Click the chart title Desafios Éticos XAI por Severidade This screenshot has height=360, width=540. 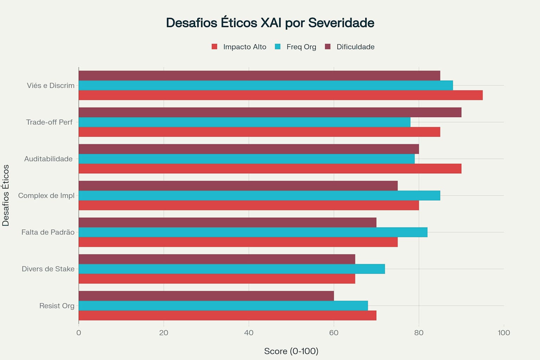coord(270,23)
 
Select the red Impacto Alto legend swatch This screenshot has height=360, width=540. coord(214,47)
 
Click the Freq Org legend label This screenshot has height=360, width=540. coord(301,47)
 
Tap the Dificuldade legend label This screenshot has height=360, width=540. coord(355,47)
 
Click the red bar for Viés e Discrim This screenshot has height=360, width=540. coord(280,95)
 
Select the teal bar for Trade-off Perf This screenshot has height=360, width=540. coord(244,122)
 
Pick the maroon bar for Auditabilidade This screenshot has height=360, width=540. coord(249,149)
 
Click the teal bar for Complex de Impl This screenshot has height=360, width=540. coord(259,195)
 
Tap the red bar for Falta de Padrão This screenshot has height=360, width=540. coord(238,242)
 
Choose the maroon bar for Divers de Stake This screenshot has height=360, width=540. coord(217,259)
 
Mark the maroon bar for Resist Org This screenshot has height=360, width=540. coord(206,296)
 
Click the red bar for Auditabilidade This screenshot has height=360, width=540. coord(270,169)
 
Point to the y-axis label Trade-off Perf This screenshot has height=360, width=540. coord(49,122)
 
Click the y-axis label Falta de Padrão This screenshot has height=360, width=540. coord(48,232)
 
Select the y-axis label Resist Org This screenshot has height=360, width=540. coord(57,306)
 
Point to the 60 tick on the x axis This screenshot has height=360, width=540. coord(334,333)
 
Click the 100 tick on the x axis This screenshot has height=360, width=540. coord(503,333)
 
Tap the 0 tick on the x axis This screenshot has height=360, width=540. coord(79,333)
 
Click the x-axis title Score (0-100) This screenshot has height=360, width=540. coord(291,351)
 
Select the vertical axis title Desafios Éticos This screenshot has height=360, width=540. coord(6,195)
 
